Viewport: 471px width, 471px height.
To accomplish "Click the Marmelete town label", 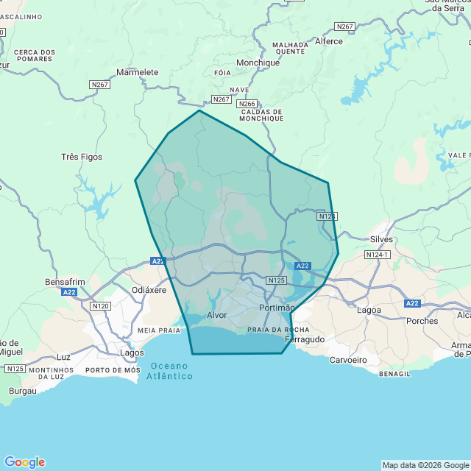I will click(x=138, y=72).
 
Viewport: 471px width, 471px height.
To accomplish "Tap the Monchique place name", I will click(x=258, y=63).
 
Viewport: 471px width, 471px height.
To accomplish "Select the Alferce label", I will click(x=328, y=41).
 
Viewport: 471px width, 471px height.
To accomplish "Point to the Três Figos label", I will click(x=82, y=157).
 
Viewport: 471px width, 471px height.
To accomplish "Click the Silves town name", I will click(x=381, y=239).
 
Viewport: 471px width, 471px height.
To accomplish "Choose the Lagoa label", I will click(x=369, y=310).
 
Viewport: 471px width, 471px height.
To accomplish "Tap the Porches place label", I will click(x=422, y=321).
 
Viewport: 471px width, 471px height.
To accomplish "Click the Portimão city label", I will click(x=277, y=308).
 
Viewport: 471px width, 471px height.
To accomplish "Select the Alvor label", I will click(x=217, y=315).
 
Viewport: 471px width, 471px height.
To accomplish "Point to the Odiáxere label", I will click(x=149, y=290).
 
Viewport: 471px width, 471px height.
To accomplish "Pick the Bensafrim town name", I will click(x=65, y=282).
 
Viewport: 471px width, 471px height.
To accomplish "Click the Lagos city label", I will click(x=132, y=353).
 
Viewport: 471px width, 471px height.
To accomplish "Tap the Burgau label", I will click(x=23, y=391).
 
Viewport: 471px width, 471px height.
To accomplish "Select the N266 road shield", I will click(x=247, y=105).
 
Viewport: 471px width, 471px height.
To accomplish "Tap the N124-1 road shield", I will click(x=377, y=255).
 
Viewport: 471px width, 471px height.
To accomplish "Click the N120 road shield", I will click(x=100, y=305).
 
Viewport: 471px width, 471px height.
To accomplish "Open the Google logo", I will click(x=24, y=462).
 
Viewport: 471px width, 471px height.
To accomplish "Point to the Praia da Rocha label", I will click(x=278, y=329).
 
